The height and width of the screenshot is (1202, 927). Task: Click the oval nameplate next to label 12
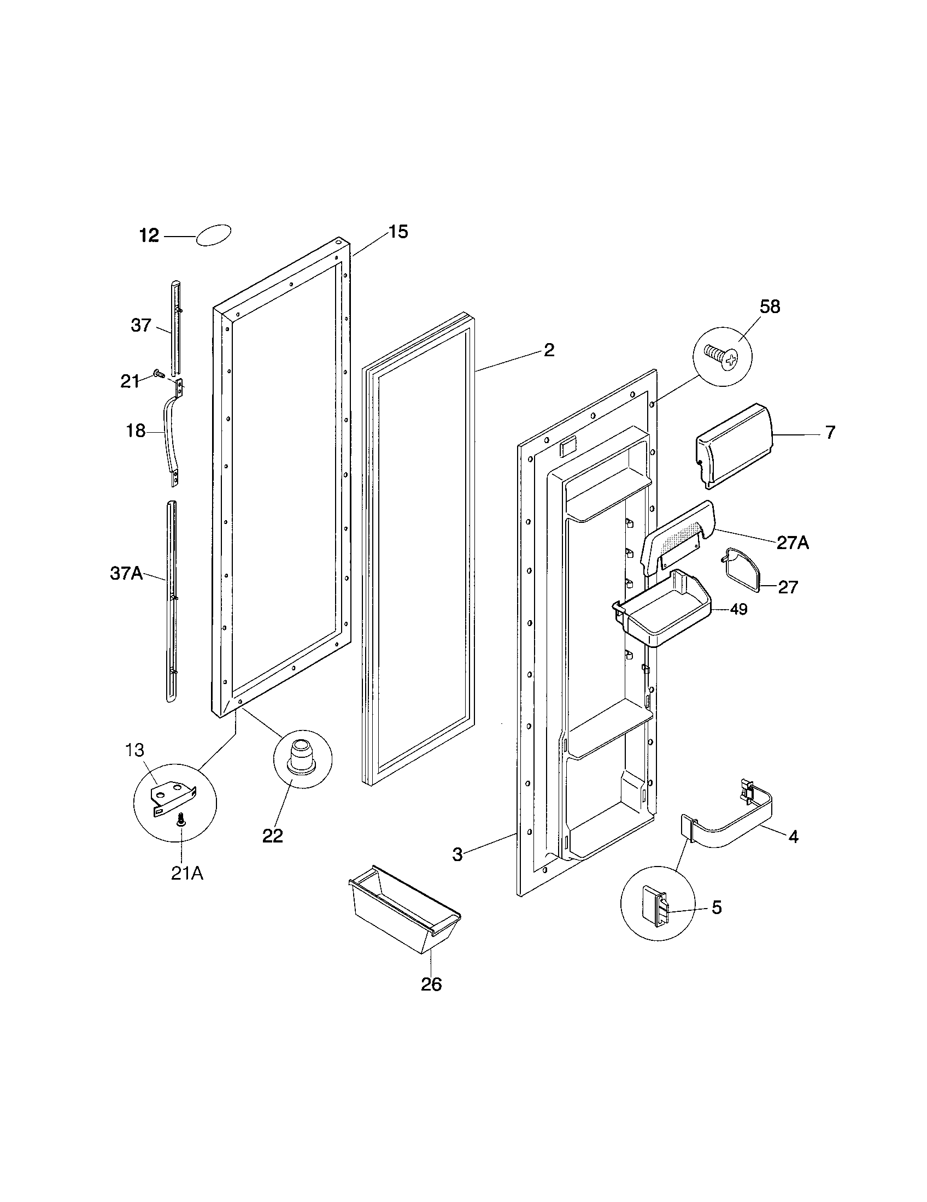pos(213,235)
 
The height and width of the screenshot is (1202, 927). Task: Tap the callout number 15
pos(398,232)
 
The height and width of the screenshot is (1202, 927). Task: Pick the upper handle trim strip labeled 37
pos(175,327)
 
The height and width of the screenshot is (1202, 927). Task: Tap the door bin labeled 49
pos(663,609)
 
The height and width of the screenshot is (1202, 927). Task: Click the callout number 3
pos(457,855)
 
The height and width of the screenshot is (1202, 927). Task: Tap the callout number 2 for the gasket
pos(549,351)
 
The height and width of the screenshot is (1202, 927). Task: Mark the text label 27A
pos(793,543)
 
